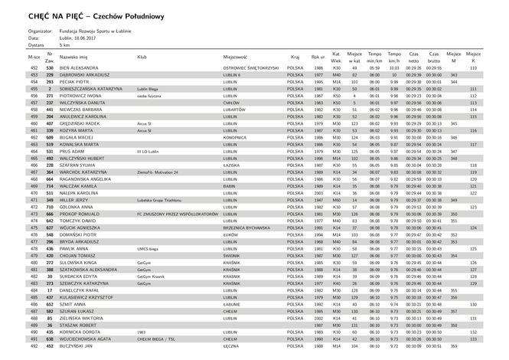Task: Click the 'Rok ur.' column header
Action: (318, 57)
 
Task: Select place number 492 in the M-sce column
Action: (34, 345)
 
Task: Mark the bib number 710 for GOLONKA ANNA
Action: (50, 207)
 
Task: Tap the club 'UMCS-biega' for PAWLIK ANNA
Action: (148, 248)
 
